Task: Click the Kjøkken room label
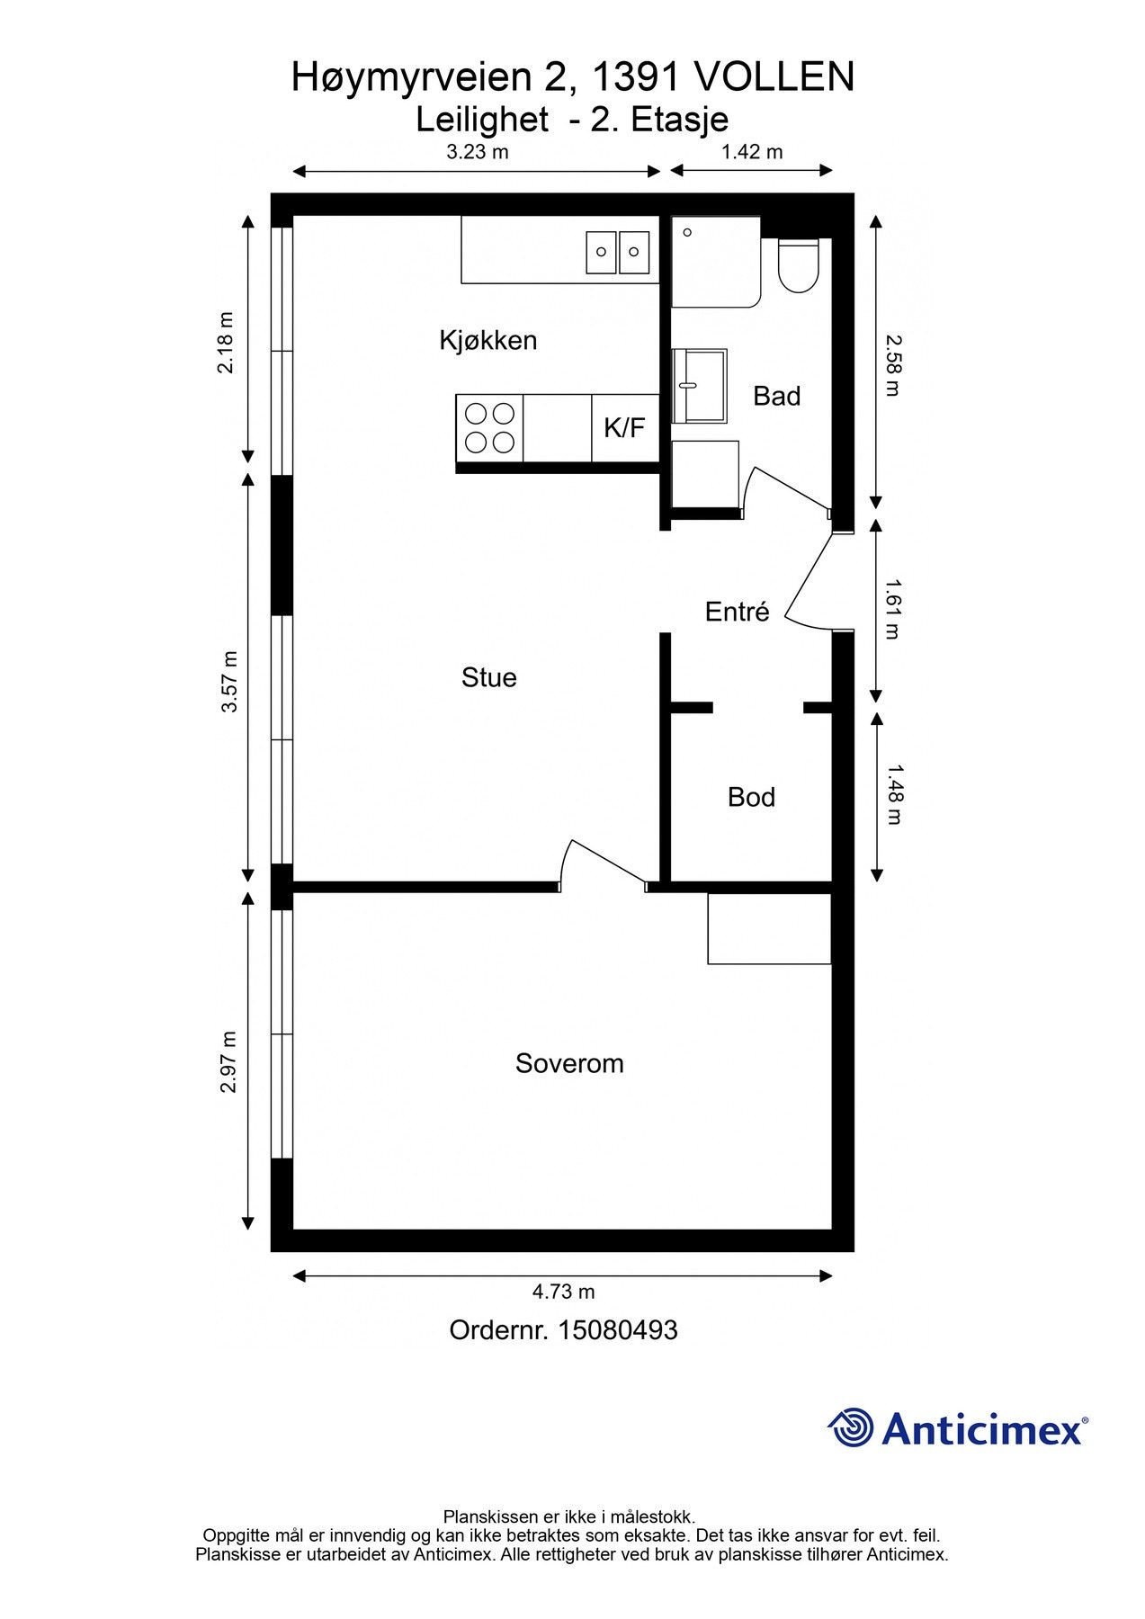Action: [488, 340]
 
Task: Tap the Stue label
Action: [488, 677]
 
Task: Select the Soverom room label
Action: [569, 1063]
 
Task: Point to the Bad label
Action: [776, 396]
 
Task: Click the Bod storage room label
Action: [751, 797]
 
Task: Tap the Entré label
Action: [737, 612]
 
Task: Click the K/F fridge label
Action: [624, 427]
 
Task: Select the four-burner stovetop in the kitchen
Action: [489, 428]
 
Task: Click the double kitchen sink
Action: [618, 252]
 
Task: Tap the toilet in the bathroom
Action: [798, 265]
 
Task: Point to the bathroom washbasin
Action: [699, 386]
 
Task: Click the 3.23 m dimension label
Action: [478, 152]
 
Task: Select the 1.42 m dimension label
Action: [752, 152]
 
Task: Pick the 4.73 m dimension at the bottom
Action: [563, 1292]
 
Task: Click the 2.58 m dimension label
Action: [891, 365]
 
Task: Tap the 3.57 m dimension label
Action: [230, 681]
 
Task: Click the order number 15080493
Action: [618, 1330]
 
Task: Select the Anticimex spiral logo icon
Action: [851, 1427]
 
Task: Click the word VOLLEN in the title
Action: [774, 78]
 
